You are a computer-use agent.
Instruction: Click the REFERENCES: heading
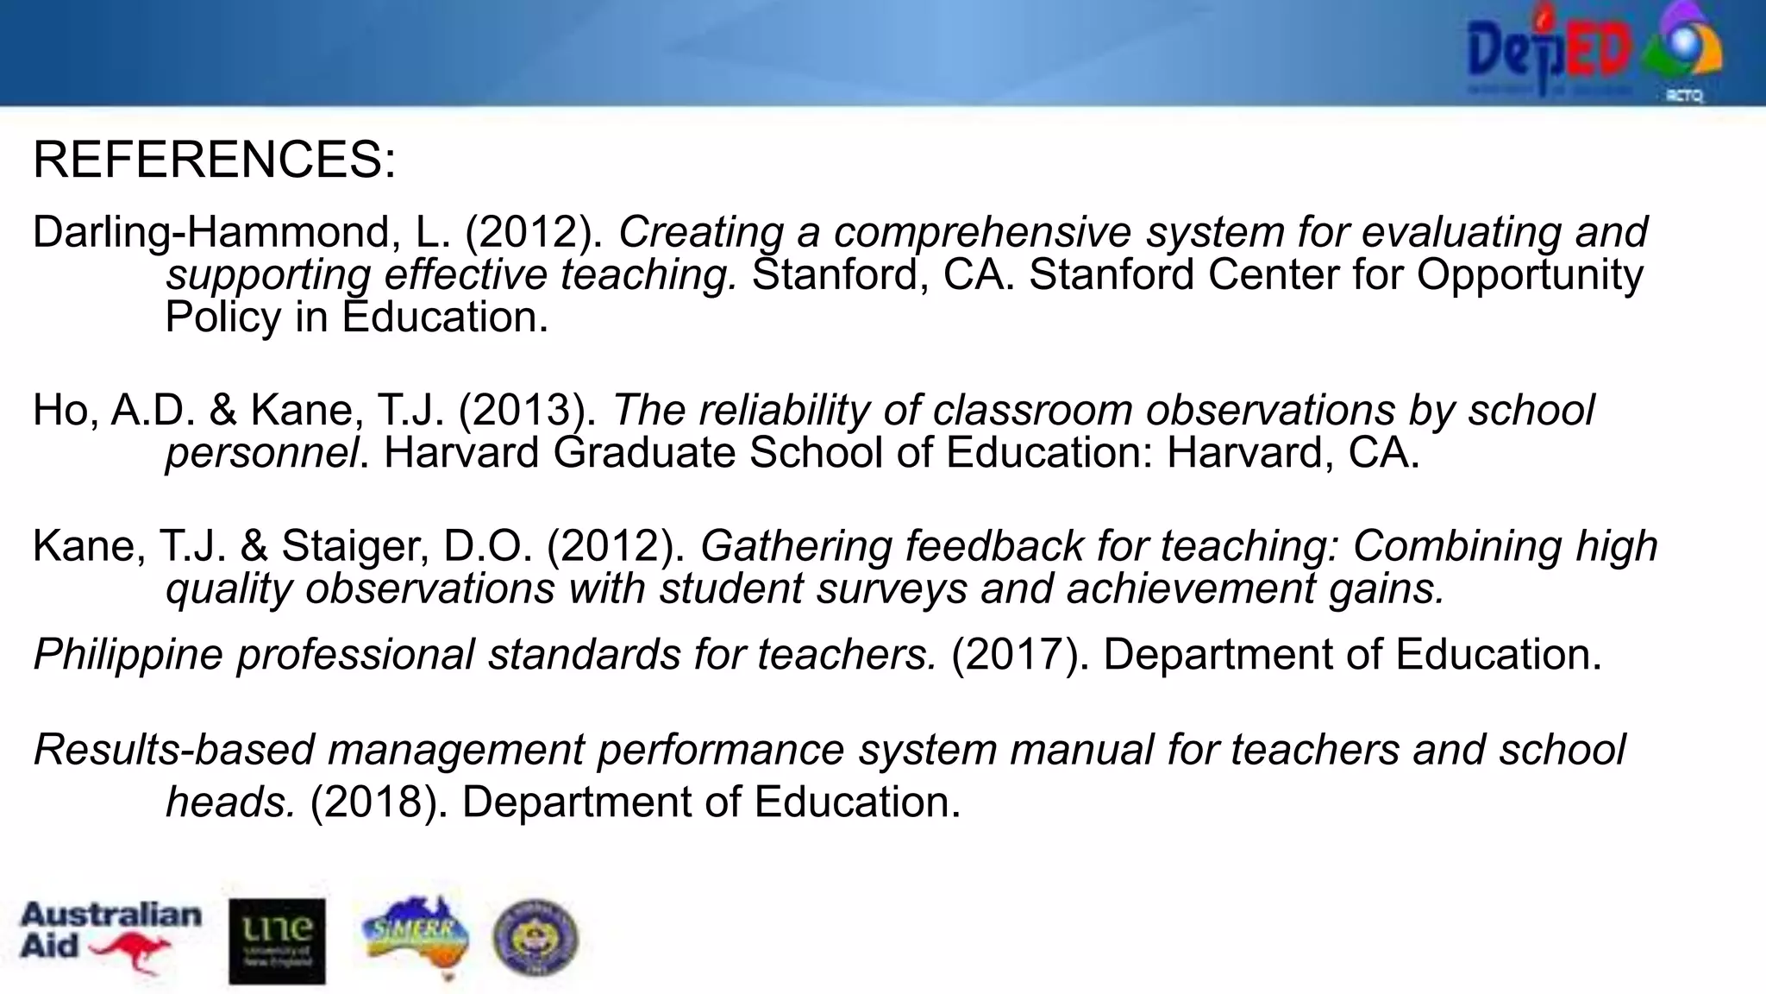pyautogui.click(x=214, y=160)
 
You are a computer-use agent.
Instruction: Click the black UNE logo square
pyautogui.click(x=277, y=941)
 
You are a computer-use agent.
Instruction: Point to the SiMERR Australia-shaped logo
pyautogui.click(x=416, y=936)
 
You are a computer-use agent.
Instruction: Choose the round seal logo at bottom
pyautogui.click(x=535, y=938)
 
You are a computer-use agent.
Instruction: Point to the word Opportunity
pyautogui.click(x=1530, y=275)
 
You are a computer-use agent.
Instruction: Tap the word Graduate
pyautogui.click(x=644, y=452)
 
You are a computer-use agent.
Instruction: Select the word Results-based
pyautogui.click(x=173, y=749)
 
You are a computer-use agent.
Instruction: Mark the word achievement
pyautogui.click(x=1190, y=588)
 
